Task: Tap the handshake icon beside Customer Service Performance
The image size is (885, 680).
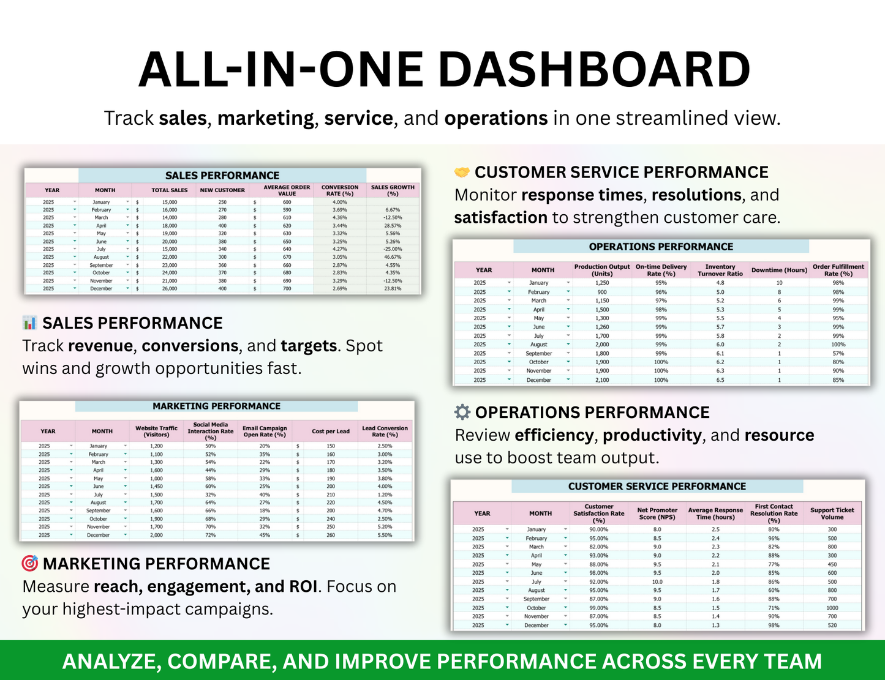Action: pos(462,173)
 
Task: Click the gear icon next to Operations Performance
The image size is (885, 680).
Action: pos(462,412)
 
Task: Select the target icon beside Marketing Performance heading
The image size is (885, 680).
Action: pos(30,563)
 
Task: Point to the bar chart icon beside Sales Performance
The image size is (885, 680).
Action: pos(30,323)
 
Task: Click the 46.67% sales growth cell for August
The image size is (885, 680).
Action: pos(393,257)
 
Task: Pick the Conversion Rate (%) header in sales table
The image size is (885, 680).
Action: pos(340,190)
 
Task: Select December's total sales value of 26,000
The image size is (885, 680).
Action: pos(170,288)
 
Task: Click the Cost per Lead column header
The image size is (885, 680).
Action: pos(331,431)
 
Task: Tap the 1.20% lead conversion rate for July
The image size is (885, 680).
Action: pos(385,495)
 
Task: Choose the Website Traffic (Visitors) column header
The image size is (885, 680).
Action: pos(156,431)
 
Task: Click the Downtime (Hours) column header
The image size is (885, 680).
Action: pos(779,270)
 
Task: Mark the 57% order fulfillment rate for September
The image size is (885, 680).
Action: pos(838,353)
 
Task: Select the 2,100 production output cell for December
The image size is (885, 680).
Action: pos(602,380)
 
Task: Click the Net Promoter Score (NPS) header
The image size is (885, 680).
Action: pos(657,514)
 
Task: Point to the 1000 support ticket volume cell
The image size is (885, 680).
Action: pos(832,608)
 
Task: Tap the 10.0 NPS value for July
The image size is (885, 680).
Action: pos(657,582)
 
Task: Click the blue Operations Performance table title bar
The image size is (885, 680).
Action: pos(661,247)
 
